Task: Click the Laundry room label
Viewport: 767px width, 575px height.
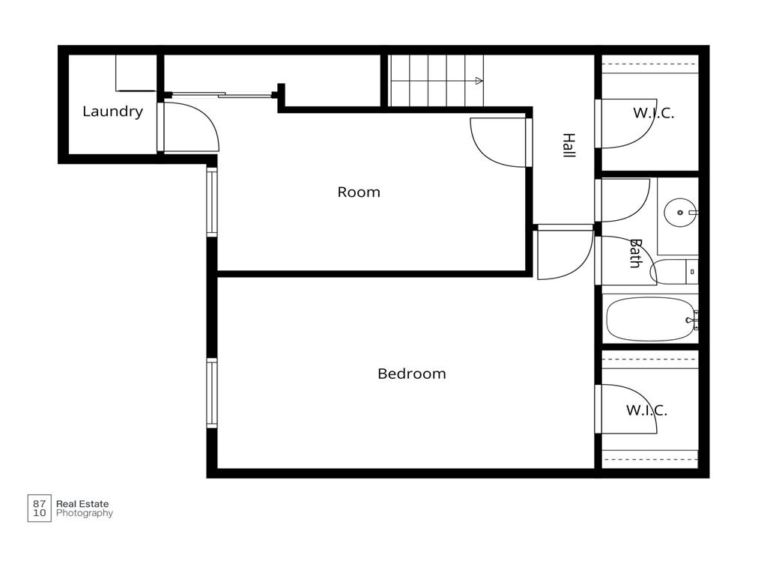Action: click(x=112, y=112)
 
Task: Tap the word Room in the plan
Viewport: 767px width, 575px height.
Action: click(x=359, y=192)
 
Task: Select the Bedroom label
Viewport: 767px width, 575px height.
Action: click(x=411, y=374)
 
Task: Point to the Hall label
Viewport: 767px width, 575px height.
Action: click(x=569, y=144)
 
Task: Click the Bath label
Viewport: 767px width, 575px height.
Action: click(x=635, y=253)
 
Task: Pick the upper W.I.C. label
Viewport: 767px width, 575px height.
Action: click(x=653, y=113)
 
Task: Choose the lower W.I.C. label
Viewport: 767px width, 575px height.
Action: click(x=646, y=410)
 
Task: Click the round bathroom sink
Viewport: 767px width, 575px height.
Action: click(x=680, y=213)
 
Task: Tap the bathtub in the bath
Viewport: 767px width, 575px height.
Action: click(x=650, y=319)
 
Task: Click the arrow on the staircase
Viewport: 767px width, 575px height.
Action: click(x=479, y=81)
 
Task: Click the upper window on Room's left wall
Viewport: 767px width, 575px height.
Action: click(x=211, y=202)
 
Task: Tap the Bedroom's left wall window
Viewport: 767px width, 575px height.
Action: click(x=211, y=393)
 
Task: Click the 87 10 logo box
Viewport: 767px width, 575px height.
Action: click(x=39, y=508)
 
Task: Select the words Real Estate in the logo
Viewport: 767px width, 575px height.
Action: click(x=82, y=504)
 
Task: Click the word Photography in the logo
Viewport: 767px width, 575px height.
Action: click(x=85, y=514)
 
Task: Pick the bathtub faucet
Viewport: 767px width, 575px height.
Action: click(x=693, y=320)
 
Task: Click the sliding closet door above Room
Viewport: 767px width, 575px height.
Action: click(x=222, y=94)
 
